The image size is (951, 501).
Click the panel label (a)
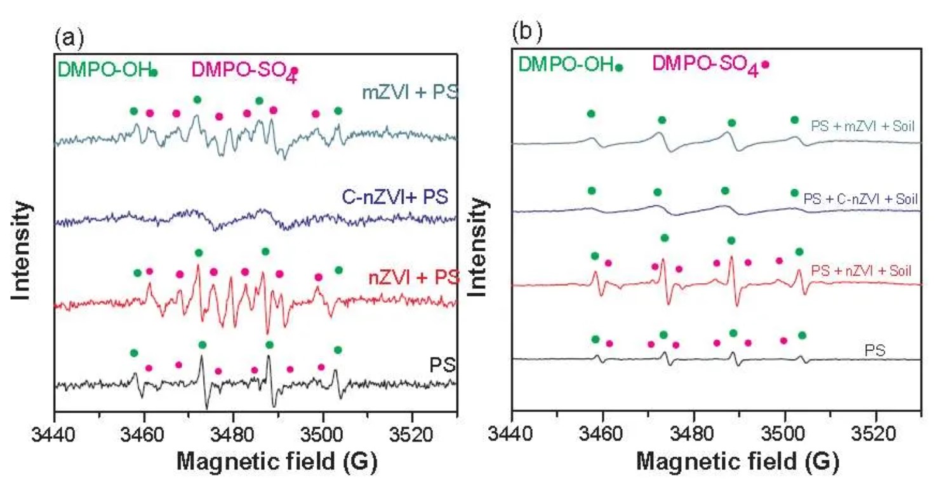(x=69, y=39)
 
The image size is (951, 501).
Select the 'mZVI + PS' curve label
(x=410, y=93)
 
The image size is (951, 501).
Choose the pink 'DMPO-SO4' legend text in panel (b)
(x=705, y=64)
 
